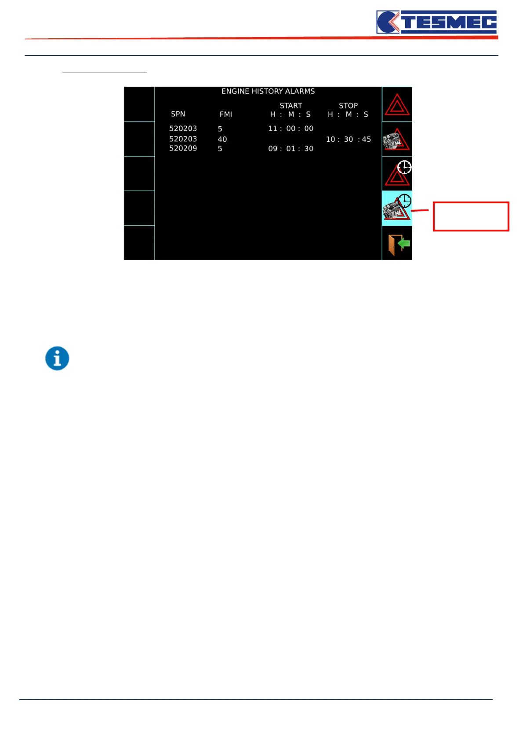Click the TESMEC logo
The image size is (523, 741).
(x=436, y=22)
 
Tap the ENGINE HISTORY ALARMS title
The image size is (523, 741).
(x=268, y=91)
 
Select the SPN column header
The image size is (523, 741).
(x=178, y=114)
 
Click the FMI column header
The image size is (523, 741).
(x=226, y=114)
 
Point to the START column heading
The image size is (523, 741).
(x=291, y=106)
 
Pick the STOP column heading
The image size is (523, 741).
(x=348, y=106)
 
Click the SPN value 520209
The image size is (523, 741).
(x=183, y=148)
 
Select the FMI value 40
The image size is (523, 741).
(x=222, y=139)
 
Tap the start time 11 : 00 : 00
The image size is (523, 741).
(x=291, y=128)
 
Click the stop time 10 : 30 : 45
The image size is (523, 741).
(x=348, y=139)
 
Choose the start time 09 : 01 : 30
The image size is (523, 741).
(x=291, y=149)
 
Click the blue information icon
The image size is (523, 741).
(x=57, y=358)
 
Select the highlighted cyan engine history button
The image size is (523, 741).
(x=397, y=208)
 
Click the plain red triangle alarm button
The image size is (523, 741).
(x=397, y=105)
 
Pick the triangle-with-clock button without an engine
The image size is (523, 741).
(x=397, y=174)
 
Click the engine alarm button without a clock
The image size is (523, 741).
(x=397, y=139)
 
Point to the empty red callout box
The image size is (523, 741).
(x=471, y=216)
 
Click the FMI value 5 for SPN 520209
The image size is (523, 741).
(x=220, y=149)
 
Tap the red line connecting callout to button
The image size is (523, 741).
(x=420, y=211)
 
